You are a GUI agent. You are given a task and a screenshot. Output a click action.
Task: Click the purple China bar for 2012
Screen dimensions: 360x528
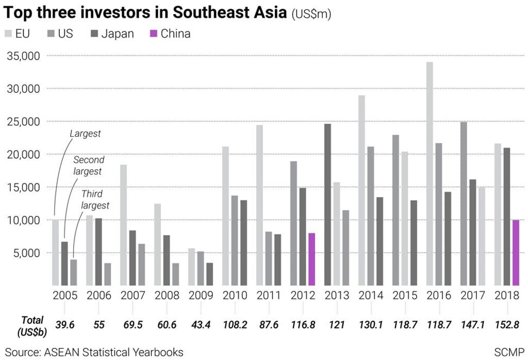tap(311, 259)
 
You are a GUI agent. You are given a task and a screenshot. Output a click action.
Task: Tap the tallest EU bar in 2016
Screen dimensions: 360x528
tap(430, 173)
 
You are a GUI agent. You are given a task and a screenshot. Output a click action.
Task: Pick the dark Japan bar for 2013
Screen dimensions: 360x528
tap(328, 204)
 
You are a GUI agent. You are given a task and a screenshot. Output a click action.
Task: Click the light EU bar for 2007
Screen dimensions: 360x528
tap(123, 225)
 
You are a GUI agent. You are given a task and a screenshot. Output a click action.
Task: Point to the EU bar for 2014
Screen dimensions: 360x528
tap(361, 190)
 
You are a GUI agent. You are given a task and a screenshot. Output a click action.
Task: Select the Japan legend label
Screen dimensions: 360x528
tap(118, 34)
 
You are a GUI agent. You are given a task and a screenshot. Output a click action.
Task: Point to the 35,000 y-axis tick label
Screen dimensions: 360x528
tap(23, 56)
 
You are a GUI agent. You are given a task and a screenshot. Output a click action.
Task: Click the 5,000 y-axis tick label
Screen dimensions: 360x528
tap(26, 253)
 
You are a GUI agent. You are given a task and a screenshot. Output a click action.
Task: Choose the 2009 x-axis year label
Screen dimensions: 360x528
tap(201, 296)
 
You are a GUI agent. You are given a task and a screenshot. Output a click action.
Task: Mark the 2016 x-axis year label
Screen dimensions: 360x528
tap(439, 296)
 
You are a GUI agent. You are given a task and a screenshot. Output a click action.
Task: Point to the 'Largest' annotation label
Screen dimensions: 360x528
tap(85, 134)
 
